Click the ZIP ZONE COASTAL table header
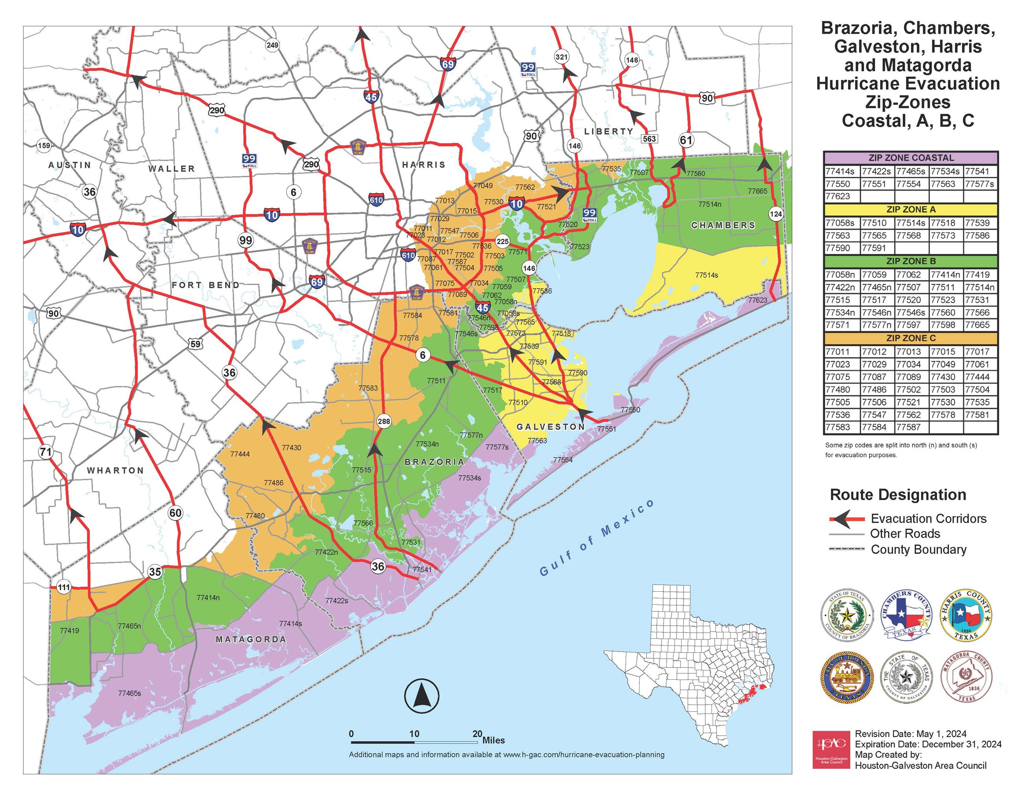[911, 158]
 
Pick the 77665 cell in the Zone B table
[980, 325]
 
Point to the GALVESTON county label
[550, 427]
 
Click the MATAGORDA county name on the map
[251, 639]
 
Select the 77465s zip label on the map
[130, 693]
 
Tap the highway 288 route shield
[384, 421]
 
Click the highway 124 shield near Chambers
[776, 214]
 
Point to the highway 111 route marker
[63, 587]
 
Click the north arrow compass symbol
[421, 695]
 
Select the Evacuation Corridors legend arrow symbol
[847, 519]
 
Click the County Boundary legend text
[919, 550]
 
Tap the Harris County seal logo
[966, 615]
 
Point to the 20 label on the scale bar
[477, 734]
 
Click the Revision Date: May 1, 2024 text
[911, 734]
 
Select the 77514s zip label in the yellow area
[706, 275]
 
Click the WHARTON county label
[116, 471]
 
